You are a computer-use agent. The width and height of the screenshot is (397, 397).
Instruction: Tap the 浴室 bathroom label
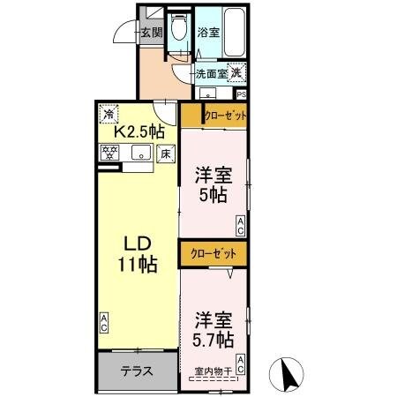[x=208, y=33]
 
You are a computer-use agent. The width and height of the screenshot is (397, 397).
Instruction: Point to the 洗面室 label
[x=211, y=75]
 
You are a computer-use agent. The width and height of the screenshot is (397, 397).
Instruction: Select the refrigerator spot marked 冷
[x=109, y=113]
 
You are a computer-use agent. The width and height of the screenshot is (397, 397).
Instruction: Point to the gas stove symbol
[x=112, y=154]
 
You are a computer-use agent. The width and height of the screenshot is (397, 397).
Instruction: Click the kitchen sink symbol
[x=140, y=154]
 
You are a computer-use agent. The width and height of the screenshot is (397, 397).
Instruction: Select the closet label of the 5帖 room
[x=224, y=116]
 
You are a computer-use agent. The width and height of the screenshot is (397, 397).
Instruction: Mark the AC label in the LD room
[x=104, y=324]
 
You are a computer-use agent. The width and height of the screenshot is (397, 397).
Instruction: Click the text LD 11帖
[x=139, y=251]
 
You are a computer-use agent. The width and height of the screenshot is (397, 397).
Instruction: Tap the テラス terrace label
[x=137, y=371]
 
